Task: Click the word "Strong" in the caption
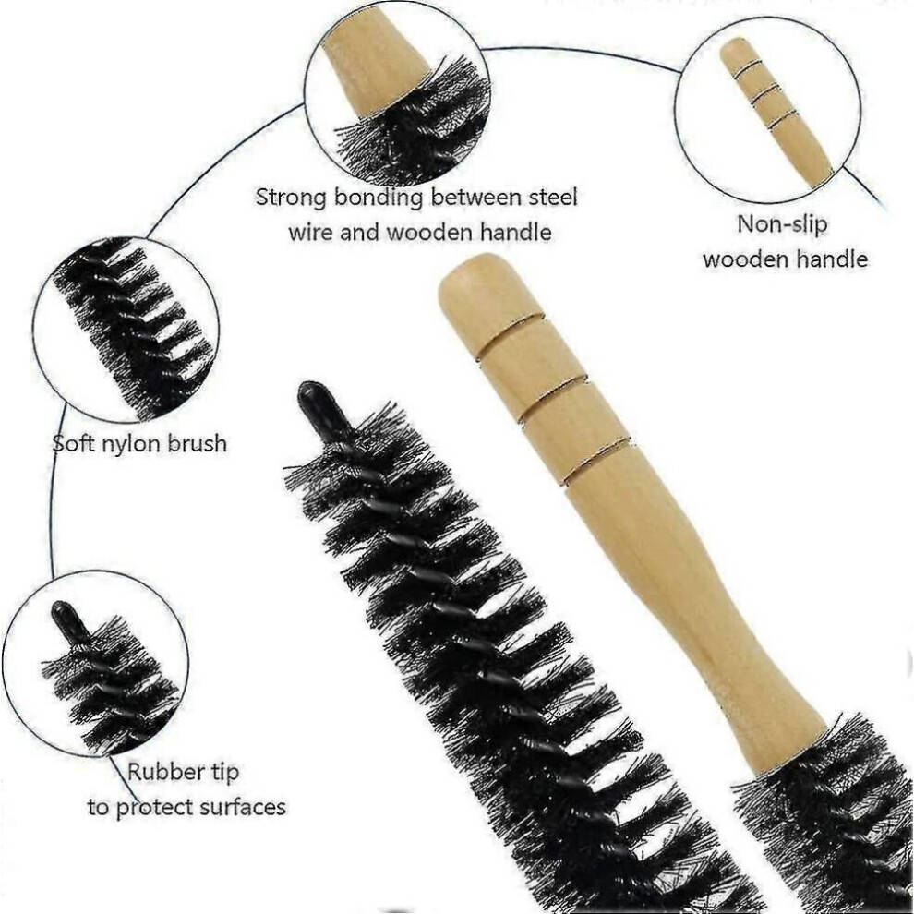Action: click(x=291, y=198)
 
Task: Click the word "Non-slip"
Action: click(x=782, y=224)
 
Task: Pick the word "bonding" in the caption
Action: click(x=378, y=198)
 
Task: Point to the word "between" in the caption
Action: click(x=476, y=197)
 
